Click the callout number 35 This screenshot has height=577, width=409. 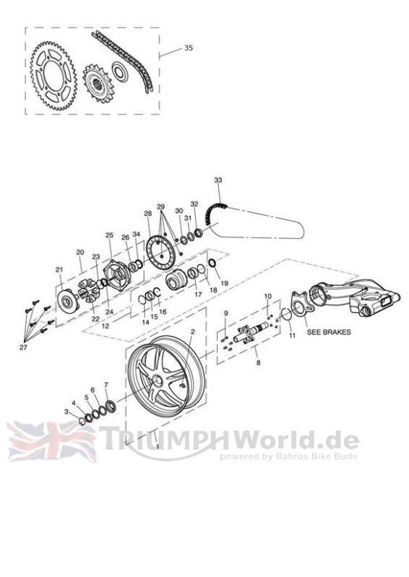pyautogui.click(x=189, y=48)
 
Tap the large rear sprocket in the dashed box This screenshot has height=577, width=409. pyautogui.click(x=53, y=76)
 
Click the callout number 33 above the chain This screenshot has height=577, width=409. pyautogui.click(x=218, y=180)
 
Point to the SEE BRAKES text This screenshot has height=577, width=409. pyautogui.click(x=329, y=332)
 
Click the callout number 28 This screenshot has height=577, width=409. pyautogui.click(x=148, y=213)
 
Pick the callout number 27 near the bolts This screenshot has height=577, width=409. pyautogui.click(x=23, y=347)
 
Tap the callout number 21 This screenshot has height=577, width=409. pyautogui.click(x=59, y=270)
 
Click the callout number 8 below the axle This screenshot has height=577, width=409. pyautogui.click(x=258, y=363)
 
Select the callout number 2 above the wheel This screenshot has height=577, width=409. pyautogui.click(x=192, y=331)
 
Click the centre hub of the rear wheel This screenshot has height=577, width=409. pyautogui.click(x=158, y=381)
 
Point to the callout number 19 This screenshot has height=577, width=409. pyautogui.click(x=224, y=283)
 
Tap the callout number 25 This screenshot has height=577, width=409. pyautogui.click(x=109, y=235)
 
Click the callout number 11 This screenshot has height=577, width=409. pyautogui.click(x=292, y=335)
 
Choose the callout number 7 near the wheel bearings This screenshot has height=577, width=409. pyautogui.click(x=106, y=385)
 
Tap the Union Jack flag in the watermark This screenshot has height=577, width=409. pyautogui.click(x=51, y=441)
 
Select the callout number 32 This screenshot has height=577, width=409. pyautogui.click(x=194, y=204)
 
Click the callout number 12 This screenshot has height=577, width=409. pyautogui.click(x=105, y=326)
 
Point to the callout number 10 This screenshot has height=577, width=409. pyautogui.click(x=268, y=296)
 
